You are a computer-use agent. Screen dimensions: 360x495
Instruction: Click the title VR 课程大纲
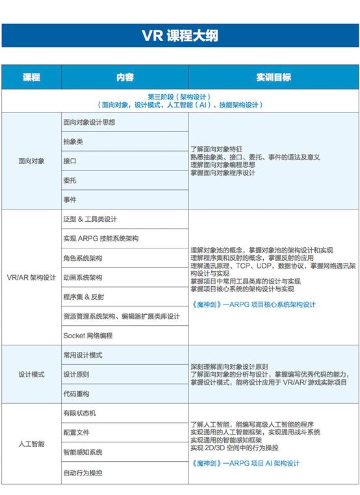180,35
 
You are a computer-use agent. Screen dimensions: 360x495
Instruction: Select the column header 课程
31,77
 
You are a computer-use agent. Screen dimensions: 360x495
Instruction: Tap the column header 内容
125,77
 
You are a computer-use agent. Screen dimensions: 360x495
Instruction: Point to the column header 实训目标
273,77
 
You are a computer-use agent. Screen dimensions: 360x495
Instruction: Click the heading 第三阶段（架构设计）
179,96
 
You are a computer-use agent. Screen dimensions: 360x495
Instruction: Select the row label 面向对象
31,161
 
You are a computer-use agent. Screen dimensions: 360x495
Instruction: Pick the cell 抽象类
73,141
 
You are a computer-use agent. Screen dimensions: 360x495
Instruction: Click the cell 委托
70,180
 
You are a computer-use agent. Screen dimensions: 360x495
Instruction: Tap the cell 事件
70,199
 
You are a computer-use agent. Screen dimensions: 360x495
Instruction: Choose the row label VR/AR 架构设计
31,276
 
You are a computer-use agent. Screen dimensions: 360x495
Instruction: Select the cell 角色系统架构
83,258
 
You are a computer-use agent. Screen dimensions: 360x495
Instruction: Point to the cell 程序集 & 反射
83,297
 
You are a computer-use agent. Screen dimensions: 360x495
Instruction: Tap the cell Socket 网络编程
88,336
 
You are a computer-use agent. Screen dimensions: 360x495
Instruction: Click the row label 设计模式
31,375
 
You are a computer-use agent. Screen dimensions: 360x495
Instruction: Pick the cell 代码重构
76,394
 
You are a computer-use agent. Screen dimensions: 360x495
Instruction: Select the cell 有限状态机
79,414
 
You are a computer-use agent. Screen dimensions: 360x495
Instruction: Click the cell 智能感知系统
83,452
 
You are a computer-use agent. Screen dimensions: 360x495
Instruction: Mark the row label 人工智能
31,443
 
